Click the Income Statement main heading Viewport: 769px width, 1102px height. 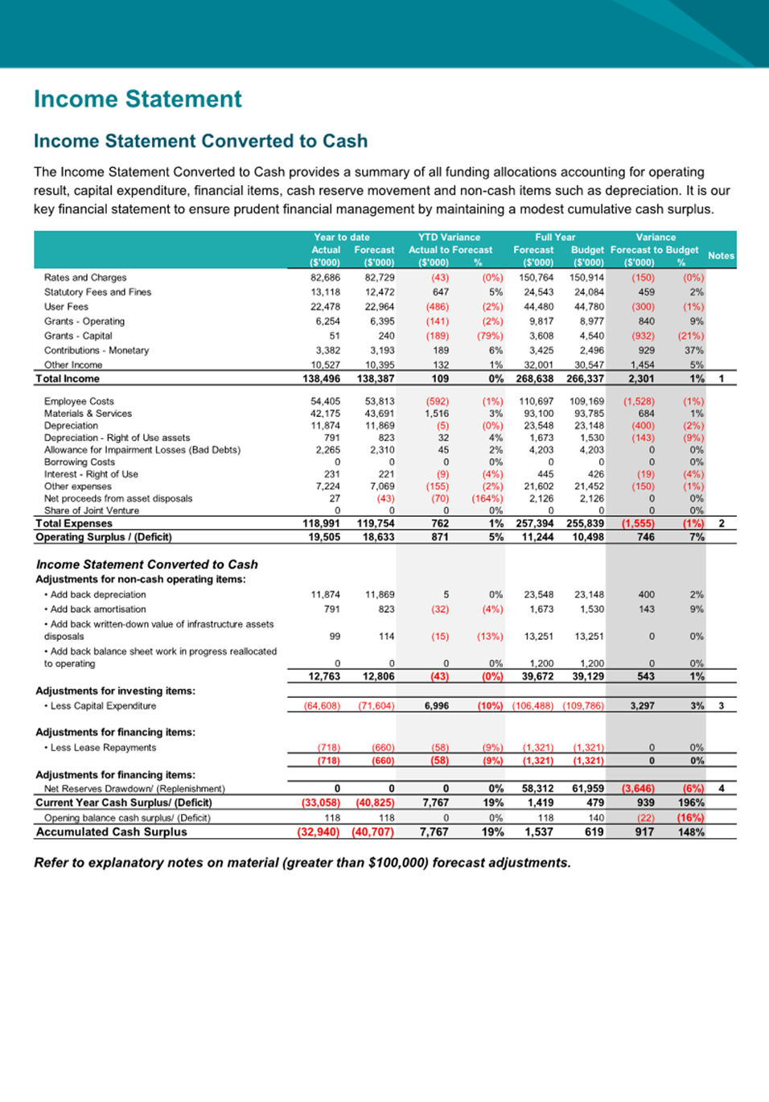[138, 99]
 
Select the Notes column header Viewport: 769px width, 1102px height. [721, 256]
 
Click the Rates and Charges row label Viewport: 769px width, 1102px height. [85, 278]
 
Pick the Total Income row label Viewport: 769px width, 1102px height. [68, 379]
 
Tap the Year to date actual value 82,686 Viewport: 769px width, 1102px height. [325, 278]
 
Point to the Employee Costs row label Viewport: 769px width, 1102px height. [79, 402]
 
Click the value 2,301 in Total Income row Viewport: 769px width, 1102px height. [641, 379]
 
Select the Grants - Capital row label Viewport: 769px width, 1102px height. [78, 336]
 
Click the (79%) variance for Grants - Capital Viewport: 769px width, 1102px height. [489, 336]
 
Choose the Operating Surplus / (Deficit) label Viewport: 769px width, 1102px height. [104, 537]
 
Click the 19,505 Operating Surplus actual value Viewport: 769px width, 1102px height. [324, 537]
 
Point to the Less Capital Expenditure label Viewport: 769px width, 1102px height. [103, 706]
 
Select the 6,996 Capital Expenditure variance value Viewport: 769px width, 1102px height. [437, 706]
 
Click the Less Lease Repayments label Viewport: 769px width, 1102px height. [103, 748]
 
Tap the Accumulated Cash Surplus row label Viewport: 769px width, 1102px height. [111, 832]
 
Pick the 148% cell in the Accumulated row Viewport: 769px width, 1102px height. [691, 832]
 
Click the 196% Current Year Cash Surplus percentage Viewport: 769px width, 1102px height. [691, 803]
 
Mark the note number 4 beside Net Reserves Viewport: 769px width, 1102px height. [722, 789]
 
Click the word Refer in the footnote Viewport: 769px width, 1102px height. [50, 863]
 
